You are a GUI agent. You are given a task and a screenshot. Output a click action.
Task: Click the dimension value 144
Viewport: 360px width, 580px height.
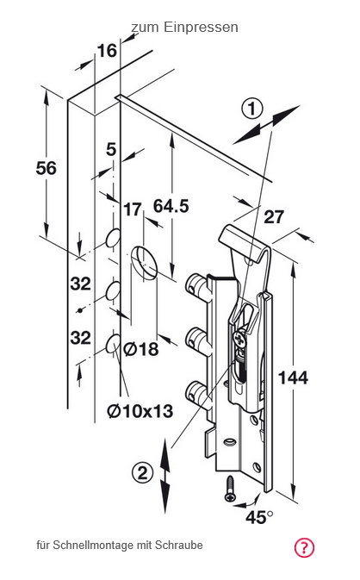point(293,377)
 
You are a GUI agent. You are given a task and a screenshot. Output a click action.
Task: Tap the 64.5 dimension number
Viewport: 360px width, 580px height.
point(171,206)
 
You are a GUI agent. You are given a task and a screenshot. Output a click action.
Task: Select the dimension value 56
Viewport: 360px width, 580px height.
point(47,168)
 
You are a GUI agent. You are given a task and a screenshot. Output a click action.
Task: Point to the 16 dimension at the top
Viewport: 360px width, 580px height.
point(107,50)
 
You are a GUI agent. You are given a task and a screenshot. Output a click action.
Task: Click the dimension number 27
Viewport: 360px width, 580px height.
point(274,217)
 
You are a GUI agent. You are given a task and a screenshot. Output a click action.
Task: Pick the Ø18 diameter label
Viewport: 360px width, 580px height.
point(141,349)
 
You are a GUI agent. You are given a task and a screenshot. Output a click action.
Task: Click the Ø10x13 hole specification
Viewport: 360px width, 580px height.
point(140,410)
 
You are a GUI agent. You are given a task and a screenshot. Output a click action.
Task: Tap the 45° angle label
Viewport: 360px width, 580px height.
point(259,517)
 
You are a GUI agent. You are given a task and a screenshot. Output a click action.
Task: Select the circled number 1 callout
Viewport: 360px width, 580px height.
point(252,109)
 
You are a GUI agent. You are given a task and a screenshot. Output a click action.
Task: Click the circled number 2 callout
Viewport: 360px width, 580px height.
point(142,473)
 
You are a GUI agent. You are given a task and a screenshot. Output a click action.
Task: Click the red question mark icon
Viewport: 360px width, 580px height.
point(304,547)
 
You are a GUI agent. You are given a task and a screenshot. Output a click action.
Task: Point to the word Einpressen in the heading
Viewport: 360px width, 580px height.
point(201,28)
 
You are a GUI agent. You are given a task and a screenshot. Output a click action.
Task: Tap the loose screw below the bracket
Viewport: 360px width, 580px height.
point(230,489)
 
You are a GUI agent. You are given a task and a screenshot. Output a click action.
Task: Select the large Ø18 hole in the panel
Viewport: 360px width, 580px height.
point(145,262)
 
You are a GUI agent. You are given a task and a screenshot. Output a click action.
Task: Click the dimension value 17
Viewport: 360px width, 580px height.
point(133,209)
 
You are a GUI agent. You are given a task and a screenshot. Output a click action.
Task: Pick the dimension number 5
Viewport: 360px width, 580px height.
point(111,149)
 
